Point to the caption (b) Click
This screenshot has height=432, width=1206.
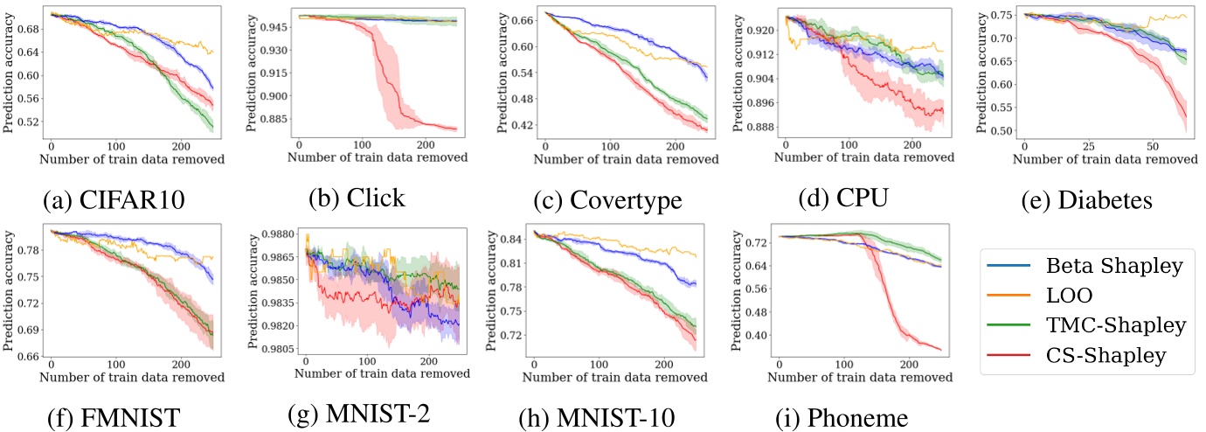357,198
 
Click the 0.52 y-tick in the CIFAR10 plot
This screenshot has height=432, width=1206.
28,122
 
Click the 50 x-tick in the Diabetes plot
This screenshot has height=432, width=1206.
1152,143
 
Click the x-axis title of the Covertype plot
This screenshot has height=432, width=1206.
626,159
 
